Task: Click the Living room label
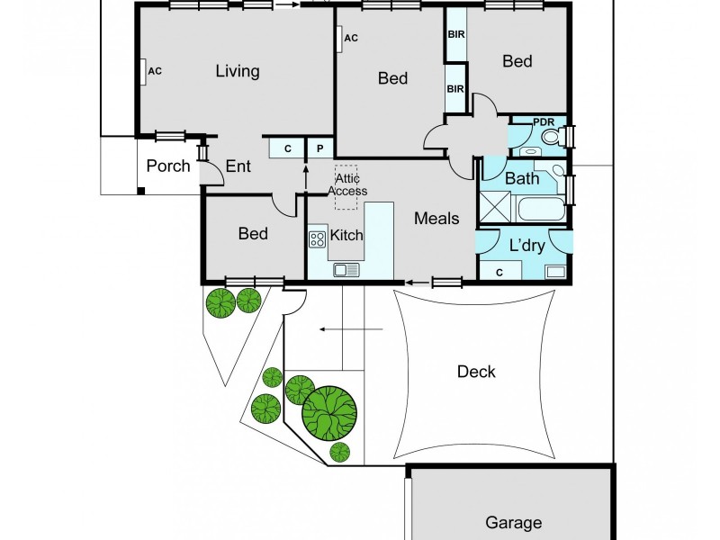click(238, 72)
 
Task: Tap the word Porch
click(168, 166)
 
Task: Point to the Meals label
click(436, 219)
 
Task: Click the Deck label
click(476, 372)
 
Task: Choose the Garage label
click(514, 522)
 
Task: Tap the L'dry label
click(526, 245)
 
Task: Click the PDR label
click(544, 122)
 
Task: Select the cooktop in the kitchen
click(317, 239)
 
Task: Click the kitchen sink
click(346, 269)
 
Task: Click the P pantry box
click(319, 148)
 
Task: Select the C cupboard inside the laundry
click(500, 271)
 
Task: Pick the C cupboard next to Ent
click(287, 148)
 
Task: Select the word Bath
click(522, 178)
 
